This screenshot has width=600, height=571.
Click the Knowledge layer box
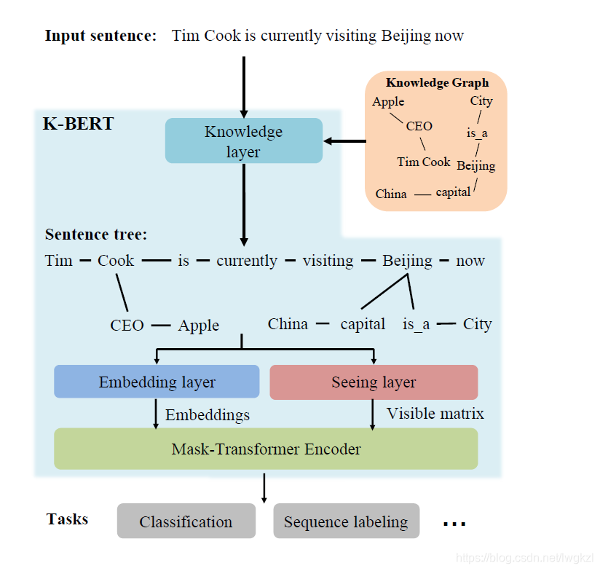point(243,141)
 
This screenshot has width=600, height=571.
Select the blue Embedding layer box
point(157,382)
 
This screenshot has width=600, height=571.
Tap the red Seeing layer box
point(374,382)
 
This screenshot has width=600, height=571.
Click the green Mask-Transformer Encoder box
point(266,449)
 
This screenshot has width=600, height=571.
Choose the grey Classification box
point(186,521)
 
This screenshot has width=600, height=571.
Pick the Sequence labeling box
point(346,521)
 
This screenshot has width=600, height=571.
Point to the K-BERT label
point(78,124)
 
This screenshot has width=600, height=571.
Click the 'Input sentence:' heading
point(100,36)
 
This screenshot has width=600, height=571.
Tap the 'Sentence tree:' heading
point(95,235)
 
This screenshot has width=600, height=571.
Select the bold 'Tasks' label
point(67,519)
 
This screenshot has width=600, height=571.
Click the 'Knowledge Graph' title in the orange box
point(437,83)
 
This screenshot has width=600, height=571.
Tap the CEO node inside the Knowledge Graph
point(419,126)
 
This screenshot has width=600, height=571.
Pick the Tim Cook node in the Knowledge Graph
point(424,162)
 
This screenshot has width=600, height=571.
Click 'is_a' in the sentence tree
point(416,324)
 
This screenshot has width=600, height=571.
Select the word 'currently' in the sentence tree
point(247,261)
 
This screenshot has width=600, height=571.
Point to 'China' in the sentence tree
point(288,324)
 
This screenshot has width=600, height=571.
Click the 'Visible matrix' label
point(435,414)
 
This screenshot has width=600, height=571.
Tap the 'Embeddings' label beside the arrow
point(208,415)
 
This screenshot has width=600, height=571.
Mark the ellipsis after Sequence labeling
point(454,522)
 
